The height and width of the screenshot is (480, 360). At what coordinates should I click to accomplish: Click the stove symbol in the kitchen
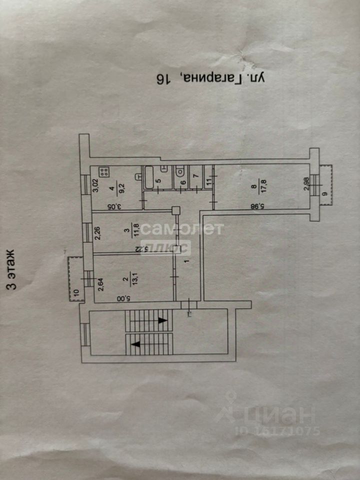click(x=104, y=172)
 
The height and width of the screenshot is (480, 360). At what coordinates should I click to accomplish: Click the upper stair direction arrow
click(x=161, y=320)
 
